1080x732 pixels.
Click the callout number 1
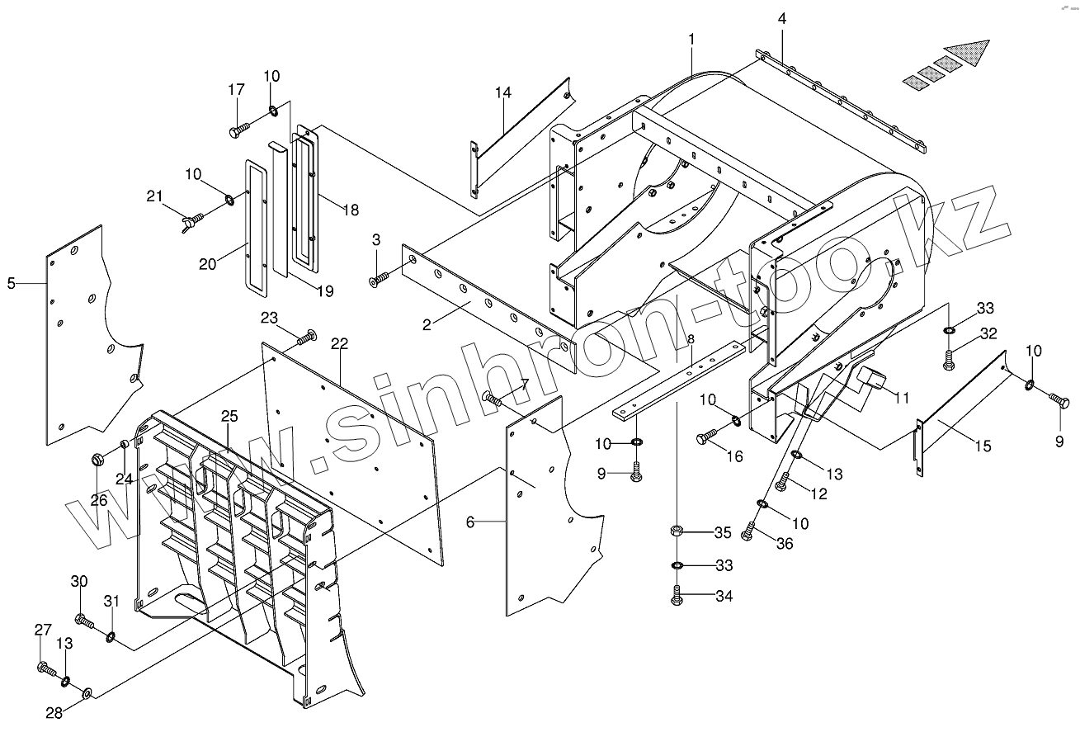691,39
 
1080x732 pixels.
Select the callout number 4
781,18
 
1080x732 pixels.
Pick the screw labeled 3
379,281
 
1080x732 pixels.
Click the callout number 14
503,92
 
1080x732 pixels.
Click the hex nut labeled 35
677,531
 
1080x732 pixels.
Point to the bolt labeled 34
677,596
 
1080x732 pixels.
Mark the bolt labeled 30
83,619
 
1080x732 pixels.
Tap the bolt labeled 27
45,667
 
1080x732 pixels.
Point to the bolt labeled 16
705,437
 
